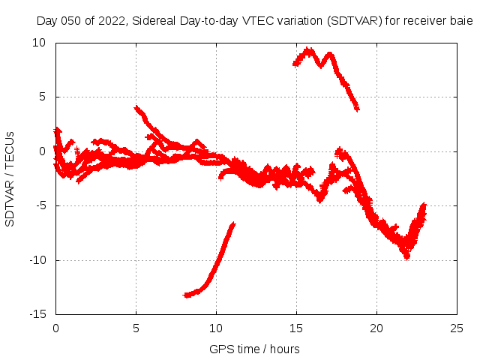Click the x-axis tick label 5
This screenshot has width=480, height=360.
point(136,328)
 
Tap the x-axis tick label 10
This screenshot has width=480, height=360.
point(216,328)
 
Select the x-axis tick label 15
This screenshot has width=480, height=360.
point(296,328)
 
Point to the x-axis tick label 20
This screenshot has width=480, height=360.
point(376,328)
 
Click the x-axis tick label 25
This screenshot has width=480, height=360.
point(457,328)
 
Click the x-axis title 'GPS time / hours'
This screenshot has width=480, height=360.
point(255,349)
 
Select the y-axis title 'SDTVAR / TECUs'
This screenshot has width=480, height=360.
point(10,178)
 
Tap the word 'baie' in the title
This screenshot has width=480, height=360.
point(462,21)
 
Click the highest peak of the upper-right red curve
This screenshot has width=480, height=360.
point(308,50)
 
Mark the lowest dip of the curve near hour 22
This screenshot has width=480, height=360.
point(406,256)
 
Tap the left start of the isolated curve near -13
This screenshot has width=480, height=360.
point(185,295)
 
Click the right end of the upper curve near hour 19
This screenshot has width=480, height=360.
point(357,108)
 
